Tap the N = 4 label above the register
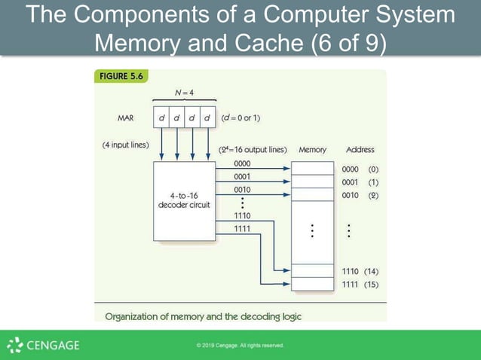point(184,93)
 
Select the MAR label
point(126,118)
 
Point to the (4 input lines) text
point(125,145)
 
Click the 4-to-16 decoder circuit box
point(184,200)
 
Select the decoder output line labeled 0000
point(242,163)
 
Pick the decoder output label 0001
point(242,176)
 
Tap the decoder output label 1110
point(242,215)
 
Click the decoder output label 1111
point(242,228)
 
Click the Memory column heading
point(312,150)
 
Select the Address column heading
point(360,150)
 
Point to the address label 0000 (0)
point(360,169)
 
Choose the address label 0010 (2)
point(360,195)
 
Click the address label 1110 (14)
point(360,271)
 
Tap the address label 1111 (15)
point(360,284)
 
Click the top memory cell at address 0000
point(312,169)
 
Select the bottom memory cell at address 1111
point(312,284)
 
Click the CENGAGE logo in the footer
point(43,346)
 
